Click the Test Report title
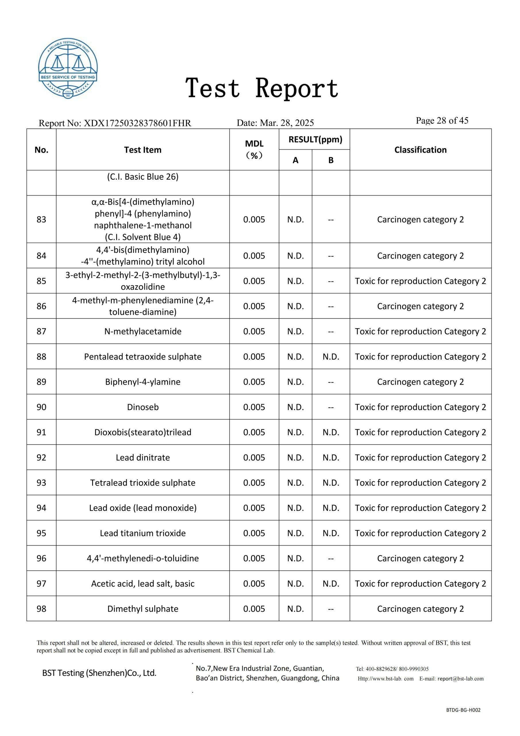[x=262, y=88]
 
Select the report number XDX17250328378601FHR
[x=137, y=123]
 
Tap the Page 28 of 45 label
[x=442, y=120]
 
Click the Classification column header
[x=420, y=150]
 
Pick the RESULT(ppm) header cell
[x=315, y=139]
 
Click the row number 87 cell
[x=41, y=331]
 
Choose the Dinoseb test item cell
[x=142, y=407]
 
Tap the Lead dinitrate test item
[x=142, y=457]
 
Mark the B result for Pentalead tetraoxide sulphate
[x=331, y=356]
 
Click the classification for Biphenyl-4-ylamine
[x=420, y=382]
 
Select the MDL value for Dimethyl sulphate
[x=254, y=609]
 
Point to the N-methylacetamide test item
[x=142, y=331]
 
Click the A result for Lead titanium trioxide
[x=295, y=533]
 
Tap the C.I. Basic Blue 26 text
[x=142, y=177]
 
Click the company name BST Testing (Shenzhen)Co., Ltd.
[x=99, y=673]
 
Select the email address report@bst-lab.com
[x=461, y=678]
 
